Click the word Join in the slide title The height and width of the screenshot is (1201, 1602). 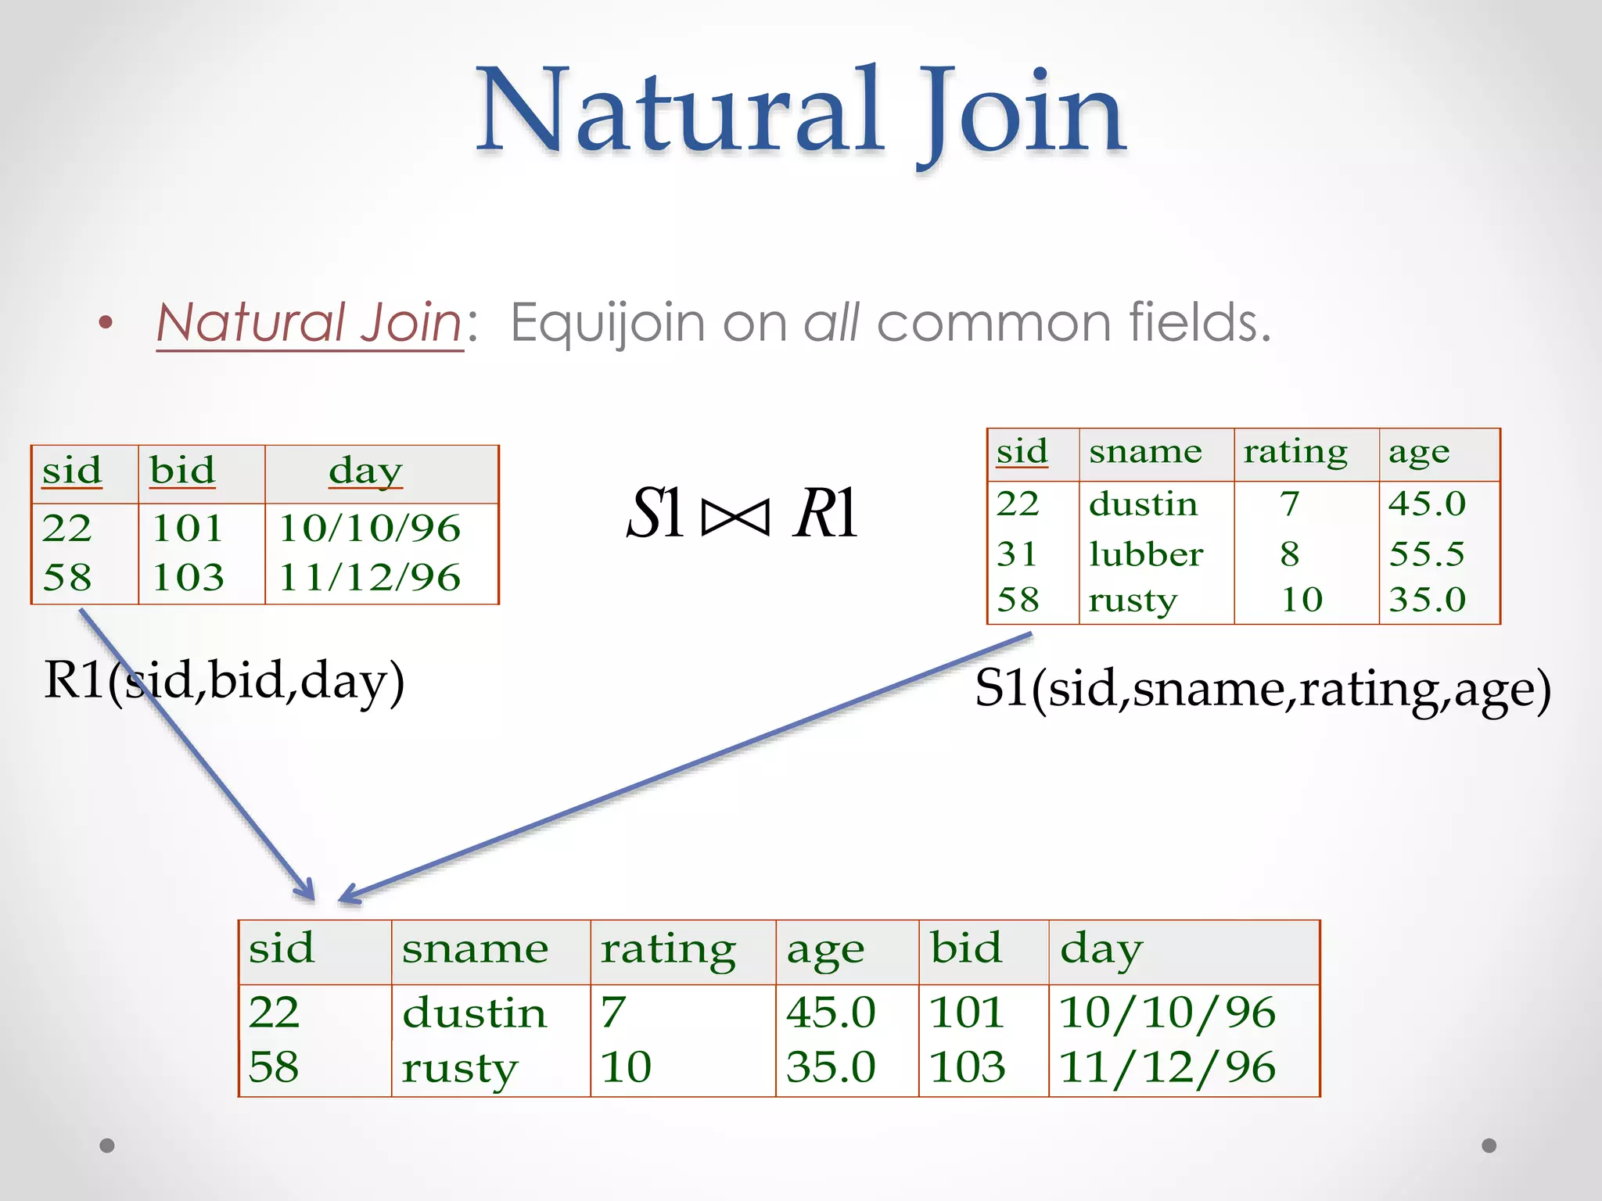[x=1020, y=111]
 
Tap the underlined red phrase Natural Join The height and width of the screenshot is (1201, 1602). [x=310, y=322]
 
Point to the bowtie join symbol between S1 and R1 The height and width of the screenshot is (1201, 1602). [x=735, y=517]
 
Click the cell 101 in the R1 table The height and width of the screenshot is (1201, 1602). [x=188, y=529]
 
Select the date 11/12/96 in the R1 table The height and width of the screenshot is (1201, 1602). [x=369, y=578]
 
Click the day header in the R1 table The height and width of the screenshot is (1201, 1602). [x=365, y=471]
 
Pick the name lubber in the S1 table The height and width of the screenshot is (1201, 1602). [x=1145, y=554]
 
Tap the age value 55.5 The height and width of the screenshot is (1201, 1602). [x=1426, y=554]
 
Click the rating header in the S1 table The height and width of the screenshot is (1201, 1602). [x=1295, y=452]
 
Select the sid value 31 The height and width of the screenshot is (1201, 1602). [x=1017, y=554]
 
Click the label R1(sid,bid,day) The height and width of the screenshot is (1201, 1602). [x=224, y=681]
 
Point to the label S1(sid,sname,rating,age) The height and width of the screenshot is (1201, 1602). [x=1262, y=690]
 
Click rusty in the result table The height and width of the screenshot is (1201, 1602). [x=460, y=1067]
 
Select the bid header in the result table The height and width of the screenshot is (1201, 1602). [x=965, y=948]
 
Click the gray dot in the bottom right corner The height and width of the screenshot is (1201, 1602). [x=1489, y=1145]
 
